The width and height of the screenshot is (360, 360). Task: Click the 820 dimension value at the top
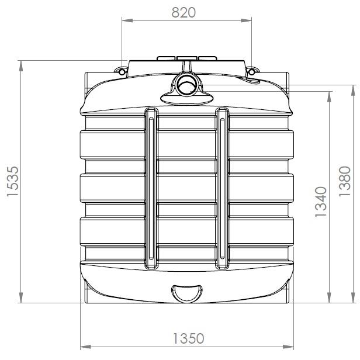[x=184, y=12]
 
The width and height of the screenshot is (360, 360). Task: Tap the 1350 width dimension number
[x=188, y=338]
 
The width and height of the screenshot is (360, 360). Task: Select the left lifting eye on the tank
[x=122, y=71]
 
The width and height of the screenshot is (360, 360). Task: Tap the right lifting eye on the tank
[x=251, y=71]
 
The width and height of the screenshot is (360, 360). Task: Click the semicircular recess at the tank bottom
[x=187, y=292]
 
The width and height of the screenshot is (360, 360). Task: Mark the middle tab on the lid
[x=187, y=58]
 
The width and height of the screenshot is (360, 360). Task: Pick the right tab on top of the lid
[x=207, y=58]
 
